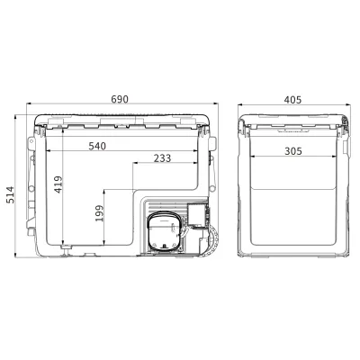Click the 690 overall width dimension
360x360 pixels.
120,99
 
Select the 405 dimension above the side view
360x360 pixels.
292,100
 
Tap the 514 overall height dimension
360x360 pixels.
10,194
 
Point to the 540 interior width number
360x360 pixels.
97,146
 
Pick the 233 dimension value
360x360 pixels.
162,158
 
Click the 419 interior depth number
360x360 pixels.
58,184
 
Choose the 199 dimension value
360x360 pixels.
99,213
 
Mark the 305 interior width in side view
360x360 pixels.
293,151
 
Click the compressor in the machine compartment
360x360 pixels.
165,230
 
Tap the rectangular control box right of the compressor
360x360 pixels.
198,215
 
